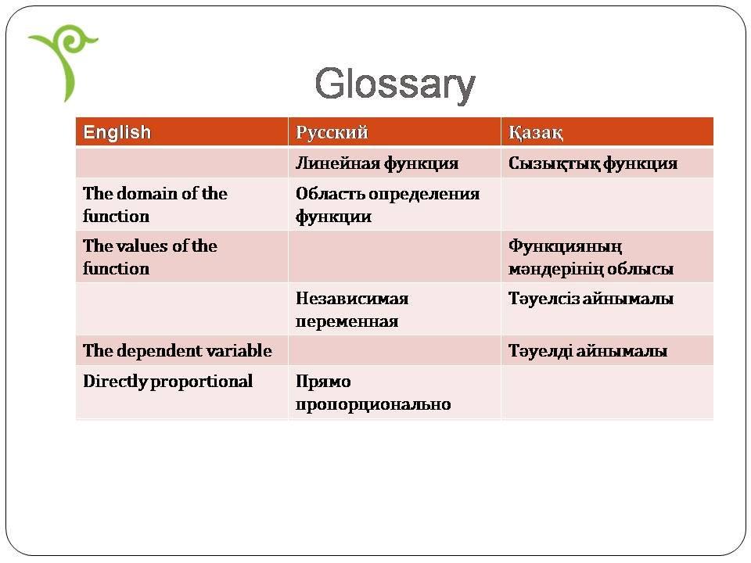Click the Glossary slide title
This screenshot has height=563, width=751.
click(395, 84)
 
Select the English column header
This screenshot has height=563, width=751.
click(117, 132)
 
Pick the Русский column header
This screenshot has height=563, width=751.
click(332, 132)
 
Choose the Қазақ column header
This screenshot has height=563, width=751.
click(535, 132)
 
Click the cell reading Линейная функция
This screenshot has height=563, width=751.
click(377, 163)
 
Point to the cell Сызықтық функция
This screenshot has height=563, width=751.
click(593, 163)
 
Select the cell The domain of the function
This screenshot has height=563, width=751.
click(155, 204)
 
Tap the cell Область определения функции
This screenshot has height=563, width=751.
click(387, 205)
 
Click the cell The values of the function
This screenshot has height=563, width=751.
click(150, 257)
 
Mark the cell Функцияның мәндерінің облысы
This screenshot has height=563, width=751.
click(591, 257)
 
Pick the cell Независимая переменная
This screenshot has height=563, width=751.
click(352, 310)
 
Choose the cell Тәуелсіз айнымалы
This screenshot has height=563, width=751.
click(591, 299)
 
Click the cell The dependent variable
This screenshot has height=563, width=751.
click(178, 350)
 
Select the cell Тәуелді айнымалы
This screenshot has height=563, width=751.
click(588, 351)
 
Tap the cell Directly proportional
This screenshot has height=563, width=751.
click(167, 382)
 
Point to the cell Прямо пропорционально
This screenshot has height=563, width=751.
click(373, 393)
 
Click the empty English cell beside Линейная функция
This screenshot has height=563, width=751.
click(182, 163)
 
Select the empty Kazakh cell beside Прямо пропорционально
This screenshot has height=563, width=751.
click(607, 393)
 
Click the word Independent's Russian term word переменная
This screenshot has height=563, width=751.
click(347, 321)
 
